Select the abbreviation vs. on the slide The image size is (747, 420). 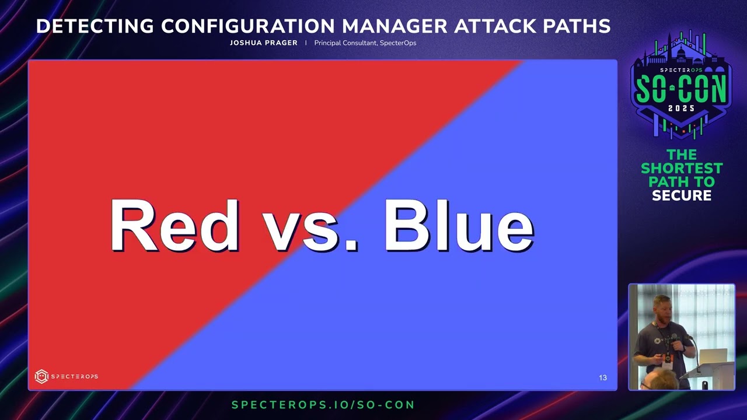tap(309, 229)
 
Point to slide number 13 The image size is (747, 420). tap(603, 378)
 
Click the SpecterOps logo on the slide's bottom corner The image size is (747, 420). tap(66, 376)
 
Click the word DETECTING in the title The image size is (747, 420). tap(96, 26)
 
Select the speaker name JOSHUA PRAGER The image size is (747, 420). tap(263, 43)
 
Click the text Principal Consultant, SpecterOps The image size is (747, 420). tap(365, 43)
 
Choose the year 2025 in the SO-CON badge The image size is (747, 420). tap(681, 108)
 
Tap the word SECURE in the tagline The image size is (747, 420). tap(682, 195)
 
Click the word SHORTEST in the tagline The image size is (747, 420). tap(682, 168)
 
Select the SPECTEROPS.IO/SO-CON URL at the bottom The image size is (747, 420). tap(323, 405)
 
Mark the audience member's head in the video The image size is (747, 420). tap(660, 380)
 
